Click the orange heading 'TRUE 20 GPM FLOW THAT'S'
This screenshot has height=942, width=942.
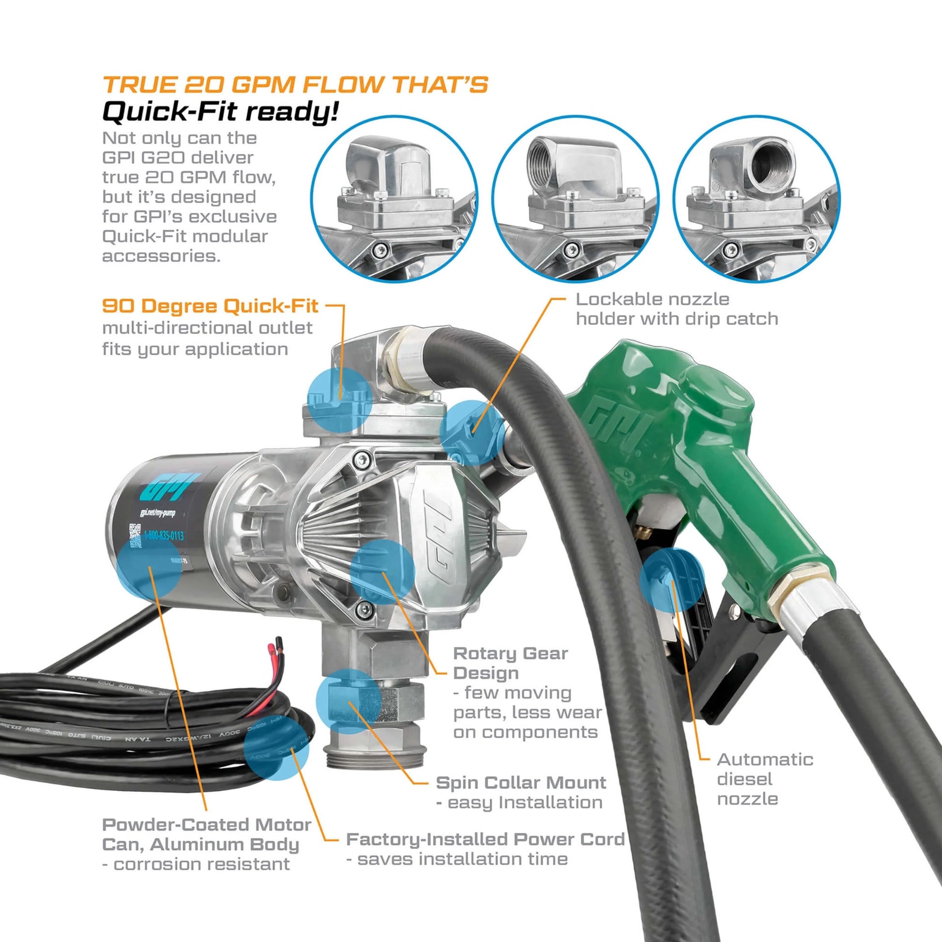[x=295, y=84]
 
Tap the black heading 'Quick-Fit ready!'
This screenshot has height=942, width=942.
[x=220, y=112]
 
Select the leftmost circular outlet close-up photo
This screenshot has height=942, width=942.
[x=395, y=198]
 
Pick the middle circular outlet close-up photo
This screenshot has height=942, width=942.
[x=575, y=198]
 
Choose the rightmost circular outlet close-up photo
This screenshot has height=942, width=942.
[x=757, y=198]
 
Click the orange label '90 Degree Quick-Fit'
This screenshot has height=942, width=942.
[x=210, y=306]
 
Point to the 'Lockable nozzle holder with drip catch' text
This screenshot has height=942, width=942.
[x=676, y=309]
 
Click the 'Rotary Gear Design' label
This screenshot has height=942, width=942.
[x=510, y=663]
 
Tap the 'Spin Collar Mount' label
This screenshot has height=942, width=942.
[x=521, y=783]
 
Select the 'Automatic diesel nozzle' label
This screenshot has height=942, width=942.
[x=764, y=779]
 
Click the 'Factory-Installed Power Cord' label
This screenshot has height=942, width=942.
[x=485, y=839]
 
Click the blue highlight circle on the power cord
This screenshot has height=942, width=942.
[x=276, y=748]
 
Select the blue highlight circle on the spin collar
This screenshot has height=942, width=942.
[x=348, y=701]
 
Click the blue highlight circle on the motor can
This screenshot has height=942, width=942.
[x=149, y=569]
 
